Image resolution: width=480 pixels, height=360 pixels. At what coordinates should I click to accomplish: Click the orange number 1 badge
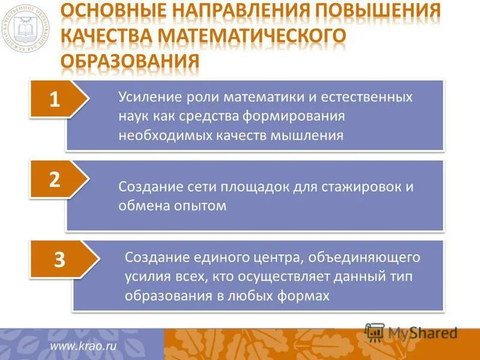55,99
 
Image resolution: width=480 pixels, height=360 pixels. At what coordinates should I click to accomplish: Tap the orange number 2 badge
55,180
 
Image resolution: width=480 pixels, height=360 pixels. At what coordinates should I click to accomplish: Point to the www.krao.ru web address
83,346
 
